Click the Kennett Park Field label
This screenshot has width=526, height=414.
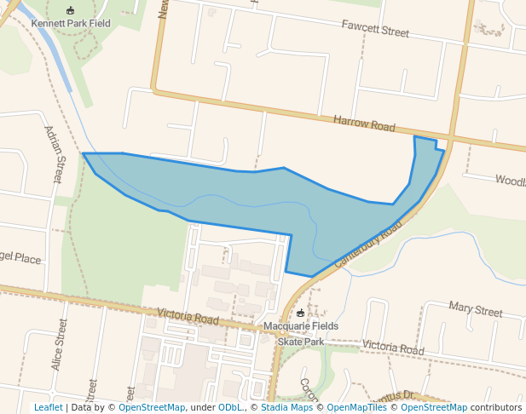click(71, 23)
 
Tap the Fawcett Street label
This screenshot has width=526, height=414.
click(375, 31)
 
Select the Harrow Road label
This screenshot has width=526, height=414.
click(364, 124)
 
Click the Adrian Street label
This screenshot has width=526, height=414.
click(53, 154)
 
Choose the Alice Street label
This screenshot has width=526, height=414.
click(59, 344)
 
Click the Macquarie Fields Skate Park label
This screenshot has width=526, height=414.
click(301, 333)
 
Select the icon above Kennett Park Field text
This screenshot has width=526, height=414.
click(70, 10)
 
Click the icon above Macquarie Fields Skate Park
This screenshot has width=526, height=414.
click(300, 313)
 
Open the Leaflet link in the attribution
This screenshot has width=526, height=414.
click(48, 407)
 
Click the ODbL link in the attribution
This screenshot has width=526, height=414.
click(229, 407)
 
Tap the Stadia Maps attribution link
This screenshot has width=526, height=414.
click(285, 407)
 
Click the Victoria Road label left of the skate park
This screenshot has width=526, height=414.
click(182, 317)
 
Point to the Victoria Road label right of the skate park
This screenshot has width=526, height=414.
click(392, 348)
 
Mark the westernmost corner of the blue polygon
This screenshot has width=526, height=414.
click(83, 154)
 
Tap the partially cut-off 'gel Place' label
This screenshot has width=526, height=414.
click(20, 259)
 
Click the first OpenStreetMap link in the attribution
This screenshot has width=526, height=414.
click(152, 407)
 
